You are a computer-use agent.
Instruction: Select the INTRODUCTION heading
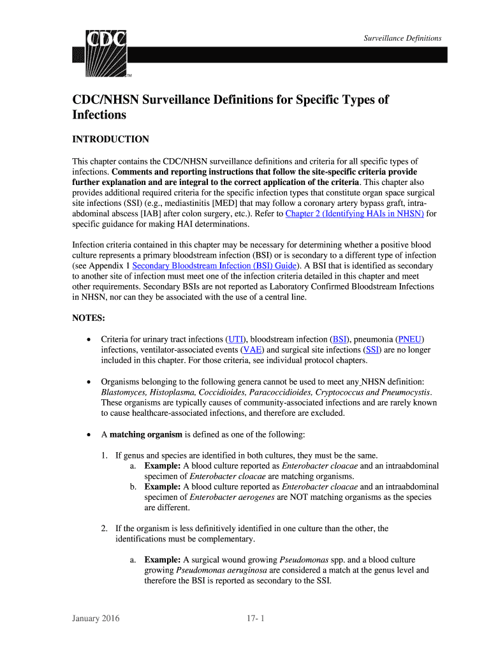[110, 139]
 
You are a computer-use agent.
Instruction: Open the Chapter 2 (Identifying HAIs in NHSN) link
[355, 214]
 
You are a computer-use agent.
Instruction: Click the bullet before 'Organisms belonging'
[88, 381]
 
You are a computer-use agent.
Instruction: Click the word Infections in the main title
[99, 115]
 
